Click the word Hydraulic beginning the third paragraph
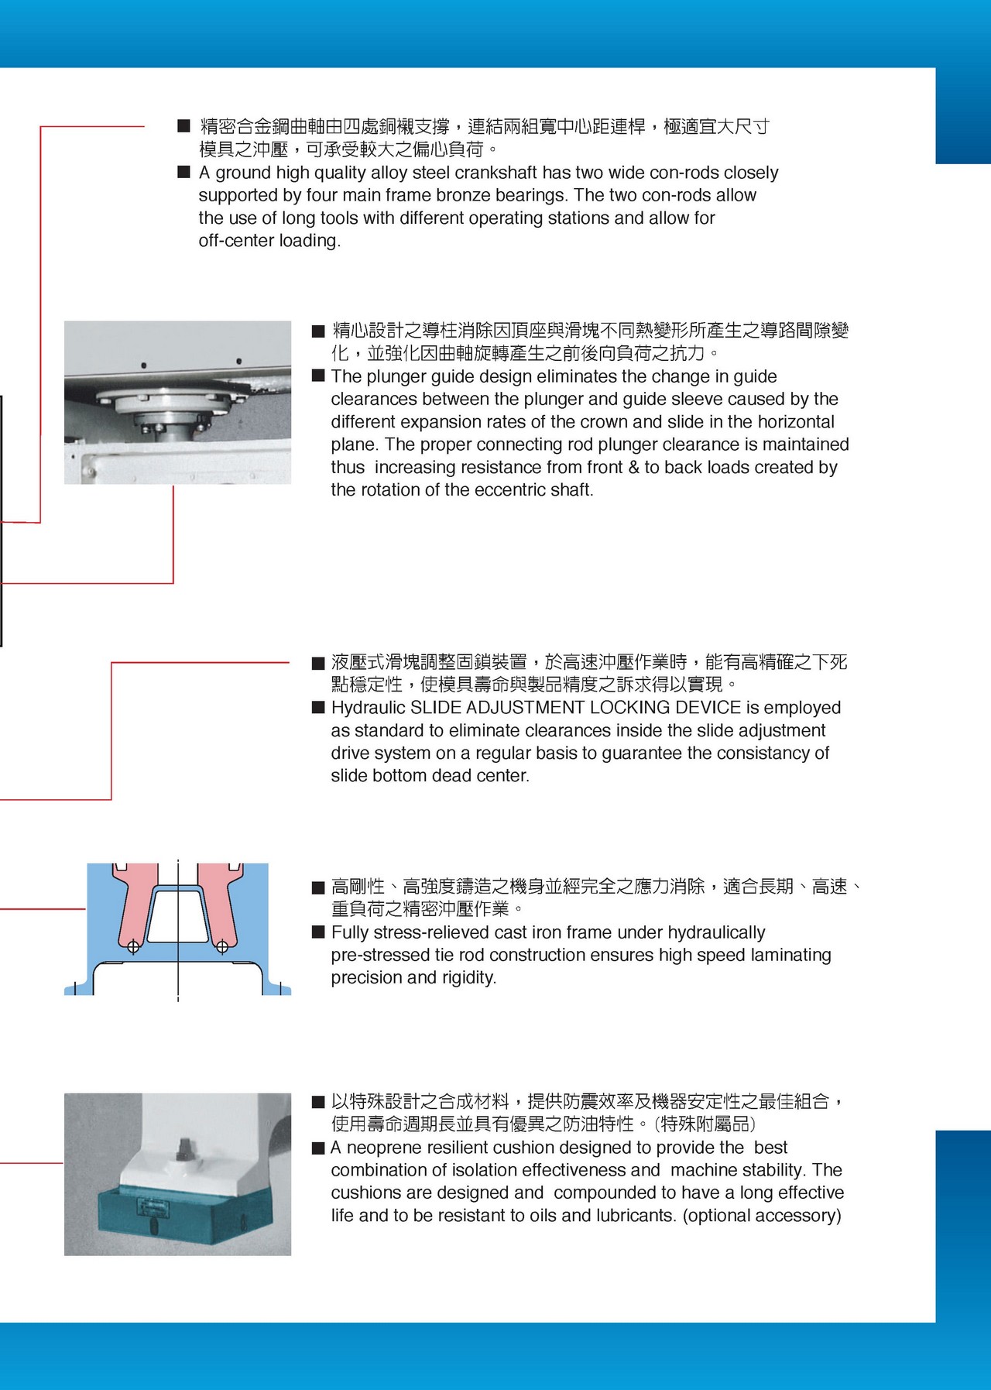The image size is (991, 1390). click(368, 708)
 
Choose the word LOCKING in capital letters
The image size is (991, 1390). click(629, 708)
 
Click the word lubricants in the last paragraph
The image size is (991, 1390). click(633, 1216)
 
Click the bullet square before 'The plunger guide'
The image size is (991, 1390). click(318, 376)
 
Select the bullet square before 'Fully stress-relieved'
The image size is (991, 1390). click(318, 932)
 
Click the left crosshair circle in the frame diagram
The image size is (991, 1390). click(132, 946)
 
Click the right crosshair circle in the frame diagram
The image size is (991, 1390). click(222, 946)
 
